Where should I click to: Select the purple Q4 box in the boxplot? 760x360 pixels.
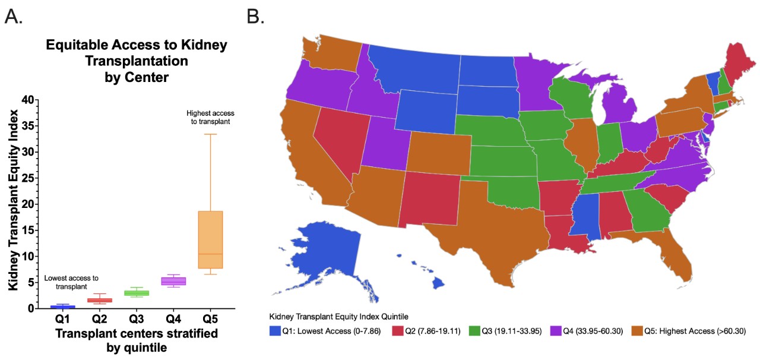174,281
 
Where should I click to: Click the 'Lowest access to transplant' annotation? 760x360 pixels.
71,282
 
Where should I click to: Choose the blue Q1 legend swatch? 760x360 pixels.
274,331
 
